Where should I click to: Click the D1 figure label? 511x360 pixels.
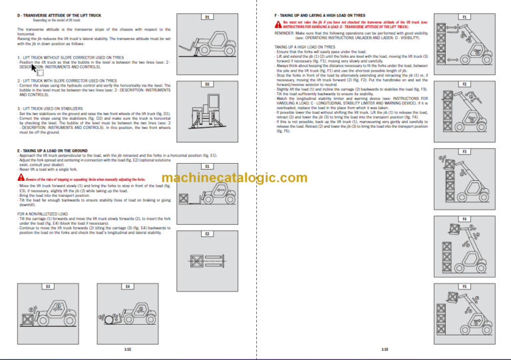coord(207,17)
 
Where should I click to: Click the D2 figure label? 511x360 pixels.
coord(207,85)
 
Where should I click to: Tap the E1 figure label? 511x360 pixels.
coord(207,166)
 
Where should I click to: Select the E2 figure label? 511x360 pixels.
coord(207,234)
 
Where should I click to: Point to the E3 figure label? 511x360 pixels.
coord(47,286)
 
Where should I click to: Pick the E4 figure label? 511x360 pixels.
coord(127,286)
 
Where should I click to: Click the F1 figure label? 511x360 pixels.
coord(464,17)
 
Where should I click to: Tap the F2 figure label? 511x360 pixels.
coord(464,85)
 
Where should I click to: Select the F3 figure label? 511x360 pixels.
coord(464,152)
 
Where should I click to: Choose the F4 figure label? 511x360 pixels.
coord(464,219)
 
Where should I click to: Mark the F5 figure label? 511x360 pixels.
coord(464,286)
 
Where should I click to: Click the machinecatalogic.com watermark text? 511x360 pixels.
coord(234,178)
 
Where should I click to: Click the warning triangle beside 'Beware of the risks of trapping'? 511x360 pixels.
coord(21,179)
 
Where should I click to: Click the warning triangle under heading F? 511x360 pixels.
coord(277,23)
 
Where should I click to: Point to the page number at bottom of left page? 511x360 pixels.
coord(127,349)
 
